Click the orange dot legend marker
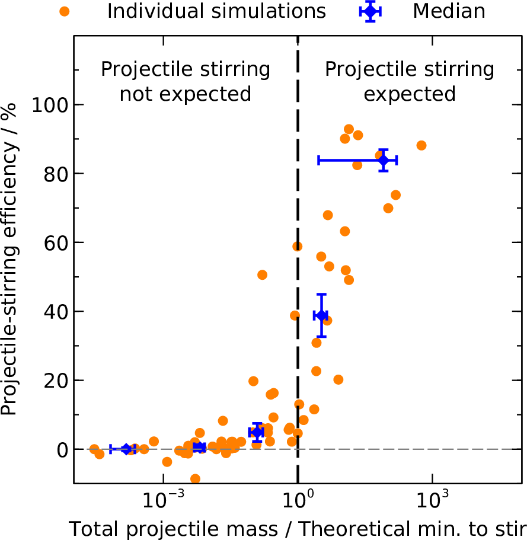[65, 11]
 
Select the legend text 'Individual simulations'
[216, 11]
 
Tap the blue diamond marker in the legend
[371, 11]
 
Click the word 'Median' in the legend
[449, 11]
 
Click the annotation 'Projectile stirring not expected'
[186, 81]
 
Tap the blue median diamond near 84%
[383, 160]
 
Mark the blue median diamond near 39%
[321, 315]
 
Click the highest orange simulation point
[349, 129]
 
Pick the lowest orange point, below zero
[195, 479]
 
